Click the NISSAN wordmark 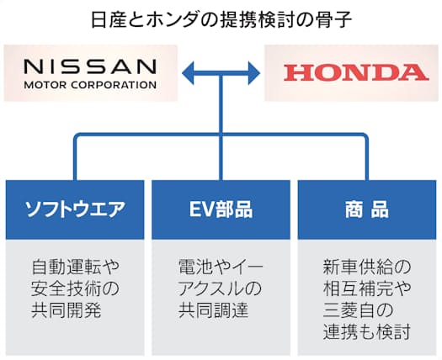[90, 66]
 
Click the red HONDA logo [356, 72]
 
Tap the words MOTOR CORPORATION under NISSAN [90, 85]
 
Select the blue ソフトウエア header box [75, 209]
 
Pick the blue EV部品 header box [221, 209]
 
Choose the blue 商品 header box [367, 209]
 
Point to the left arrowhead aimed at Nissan [188, 73]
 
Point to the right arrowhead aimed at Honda [254, 73]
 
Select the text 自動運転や [75, 267]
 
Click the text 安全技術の [75, 289]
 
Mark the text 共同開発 [67, 310]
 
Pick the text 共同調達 [213, 310]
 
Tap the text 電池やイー [221, 267]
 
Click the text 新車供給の [367, 267]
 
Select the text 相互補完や [367, 289]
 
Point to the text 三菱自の [358, 310]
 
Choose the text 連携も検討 [367, 332]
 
